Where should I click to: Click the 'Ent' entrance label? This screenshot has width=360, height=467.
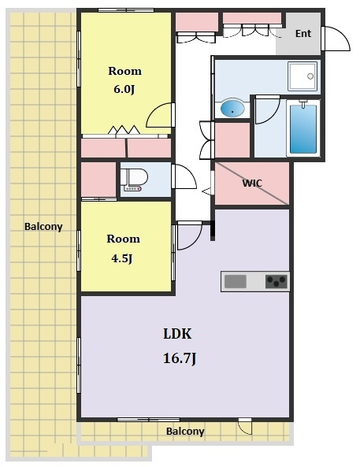pos(303,34)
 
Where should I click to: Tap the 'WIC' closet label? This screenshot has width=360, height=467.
pos(252,183)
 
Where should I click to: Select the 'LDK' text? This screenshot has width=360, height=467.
pos(177,334)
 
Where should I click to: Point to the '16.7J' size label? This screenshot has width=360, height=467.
pos(180,358)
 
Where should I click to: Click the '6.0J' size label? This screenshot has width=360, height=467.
pos(124,89)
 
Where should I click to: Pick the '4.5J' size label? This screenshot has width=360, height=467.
pos(122,258)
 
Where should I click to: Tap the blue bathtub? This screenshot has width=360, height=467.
pos(303,128)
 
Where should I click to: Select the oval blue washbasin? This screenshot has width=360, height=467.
pos(232,109)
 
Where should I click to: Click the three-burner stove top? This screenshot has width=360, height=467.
pos(276,281)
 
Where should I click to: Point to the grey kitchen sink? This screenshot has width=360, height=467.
pos(235,281)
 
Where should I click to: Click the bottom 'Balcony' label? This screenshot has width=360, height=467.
pos(185,432)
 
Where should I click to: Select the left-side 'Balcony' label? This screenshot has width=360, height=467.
pos(43,227)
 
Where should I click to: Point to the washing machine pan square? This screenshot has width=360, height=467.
pos(302,76)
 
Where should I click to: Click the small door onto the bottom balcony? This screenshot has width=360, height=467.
pos(245,426)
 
